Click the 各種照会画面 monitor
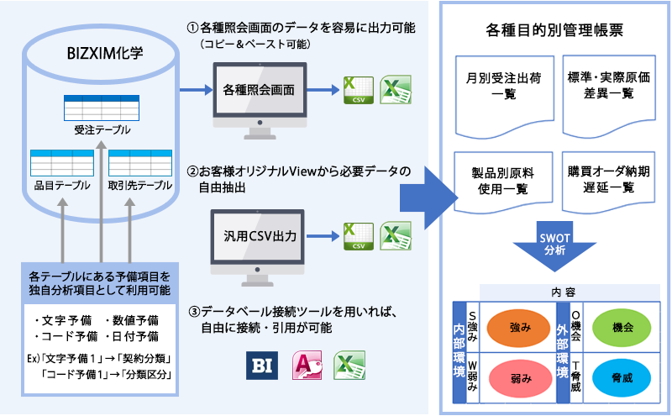point(260,92)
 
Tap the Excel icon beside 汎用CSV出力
point(394,237)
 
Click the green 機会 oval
point(623,325)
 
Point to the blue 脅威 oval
point(623,379)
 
